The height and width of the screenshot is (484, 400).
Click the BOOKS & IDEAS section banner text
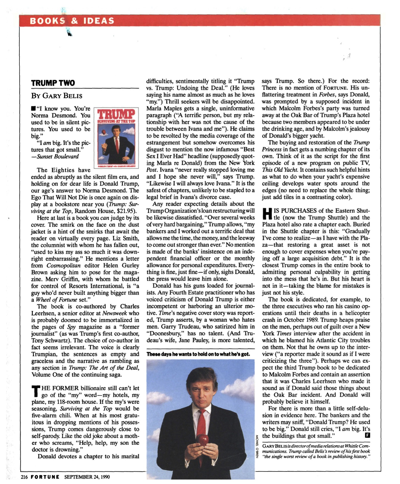(72, 21)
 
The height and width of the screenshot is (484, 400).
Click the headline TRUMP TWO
(53, 83)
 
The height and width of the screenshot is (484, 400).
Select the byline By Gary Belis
(57, 96)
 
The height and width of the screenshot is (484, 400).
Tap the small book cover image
(116, 138)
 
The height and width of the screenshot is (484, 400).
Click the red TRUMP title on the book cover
(116, 114)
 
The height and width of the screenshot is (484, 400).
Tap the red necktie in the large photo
(202, 421)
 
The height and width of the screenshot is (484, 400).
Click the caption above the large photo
(198, 354)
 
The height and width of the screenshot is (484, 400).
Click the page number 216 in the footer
(24, 477)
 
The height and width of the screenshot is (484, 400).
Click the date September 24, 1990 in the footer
(87, 477)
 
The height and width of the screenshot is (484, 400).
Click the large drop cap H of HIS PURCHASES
(267, 214)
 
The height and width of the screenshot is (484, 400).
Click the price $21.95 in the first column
(124, 211)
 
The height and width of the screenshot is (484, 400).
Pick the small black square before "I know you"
(33, 109)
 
